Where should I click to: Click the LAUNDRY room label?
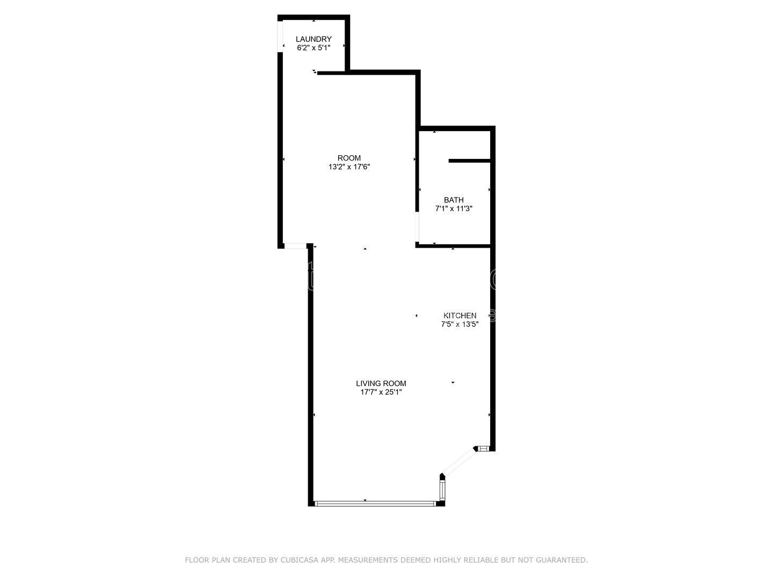tap(313, 39)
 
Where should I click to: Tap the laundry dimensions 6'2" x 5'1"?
tap(313, 47)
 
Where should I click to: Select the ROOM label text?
tap(349, 158)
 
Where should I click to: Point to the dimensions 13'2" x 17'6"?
tap(349, 166)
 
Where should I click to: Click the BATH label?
tap(454, 200)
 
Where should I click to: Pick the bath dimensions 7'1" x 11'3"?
tap(454, 208)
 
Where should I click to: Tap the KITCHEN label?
tap(460, 315)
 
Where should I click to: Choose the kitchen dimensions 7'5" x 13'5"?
tap(460, 324)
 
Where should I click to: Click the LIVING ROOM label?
tap(381, 383)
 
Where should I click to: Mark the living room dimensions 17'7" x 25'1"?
tap(381, 392)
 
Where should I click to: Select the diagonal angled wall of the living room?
tap(459, 462)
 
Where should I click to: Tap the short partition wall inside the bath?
tap(470, 161)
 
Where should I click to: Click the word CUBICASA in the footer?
tap(297, 560)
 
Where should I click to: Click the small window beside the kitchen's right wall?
tap(484, 448)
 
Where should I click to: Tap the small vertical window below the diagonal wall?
tap(442, 490)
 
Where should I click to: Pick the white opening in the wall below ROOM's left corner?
tap(295, 246)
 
